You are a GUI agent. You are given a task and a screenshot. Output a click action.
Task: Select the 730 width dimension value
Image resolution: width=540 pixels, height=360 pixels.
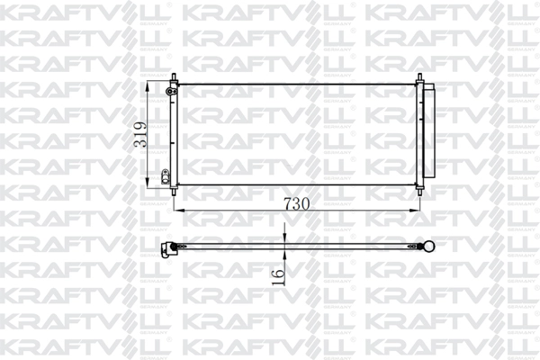(x=297, y=203)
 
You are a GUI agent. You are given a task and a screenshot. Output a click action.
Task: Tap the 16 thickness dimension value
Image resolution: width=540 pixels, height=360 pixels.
(x=278, y=269)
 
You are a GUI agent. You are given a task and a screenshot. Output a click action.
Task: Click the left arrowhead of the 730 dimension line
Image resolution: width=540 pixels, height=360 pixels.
(x=175, y=211)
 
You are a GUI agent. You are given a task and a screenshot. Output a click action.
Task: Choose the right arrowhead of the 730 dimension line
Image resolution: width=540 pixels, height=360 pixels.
(x=415, y=211)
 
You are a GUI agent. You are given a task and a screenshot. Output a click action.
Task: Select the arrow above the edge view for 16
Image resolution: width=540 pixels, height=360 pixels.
(x=283, y=238)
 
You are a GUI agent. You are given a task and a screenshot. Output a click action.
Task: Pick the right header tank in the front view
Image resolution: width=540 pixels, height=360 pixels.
(x=418, y=135)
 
